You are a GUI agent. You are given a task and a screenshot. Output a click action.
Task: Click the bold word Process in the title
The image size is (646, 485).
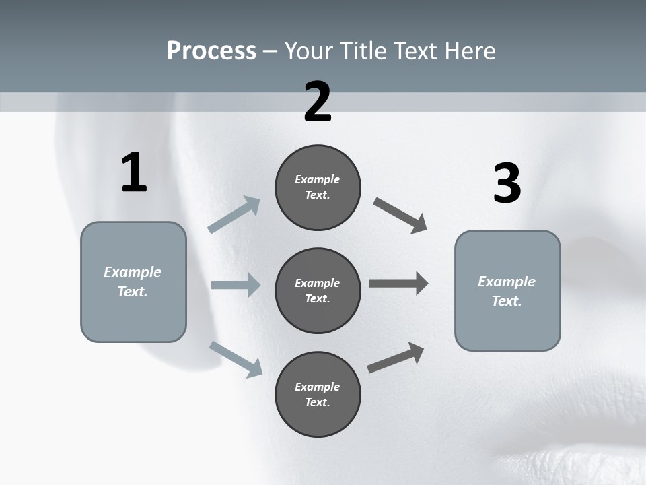(x=211, y=51)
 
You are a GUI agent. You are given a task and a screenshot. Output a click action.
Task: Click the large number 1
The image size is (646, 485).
(x=134, y=173)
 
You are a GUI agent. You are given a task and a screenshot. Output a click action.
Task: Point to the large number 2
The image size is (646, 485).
(x=318, y=102)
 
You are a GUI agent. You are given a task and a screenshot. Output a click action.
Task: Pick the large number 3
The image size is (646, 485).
(x=507, y=185)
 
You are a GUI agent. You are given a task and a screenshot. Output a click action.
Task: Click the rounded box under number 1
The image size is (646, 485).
(x=133, y=282)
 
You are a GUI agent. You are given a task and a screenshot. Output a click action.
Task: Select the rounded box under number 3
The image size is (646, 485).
(x=507, y=291)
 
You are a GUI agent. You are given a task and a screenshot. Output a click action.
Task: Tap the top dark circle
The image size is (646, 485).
(x=318, y=187)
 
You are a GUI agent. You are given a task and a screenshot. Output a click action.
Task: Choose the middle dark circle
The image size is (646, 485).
(x=318, y=290)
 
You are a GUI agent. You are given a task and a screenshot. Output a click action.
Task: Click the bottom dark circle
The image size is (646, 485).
(x=318, y=394)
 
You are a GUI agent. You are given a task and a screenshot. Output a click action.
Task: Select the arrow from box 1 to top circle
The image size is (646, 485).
(x=234, y=215)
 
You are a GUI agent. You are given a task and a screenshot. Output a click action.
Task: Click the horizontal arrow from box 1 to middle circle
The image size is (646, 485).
(x=236, y=285)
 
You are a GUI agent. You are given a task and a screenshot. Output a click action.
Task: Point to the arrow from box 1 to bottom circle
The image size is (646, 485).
(x=236, y=359)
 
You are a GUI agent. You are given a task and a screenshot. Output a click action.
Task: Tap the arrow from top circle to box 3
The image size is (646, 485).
(x=400, y=216)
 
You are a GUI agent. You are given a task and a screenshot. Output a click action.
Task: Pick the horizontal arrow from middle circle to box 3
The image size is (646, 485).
(x=398, y=284)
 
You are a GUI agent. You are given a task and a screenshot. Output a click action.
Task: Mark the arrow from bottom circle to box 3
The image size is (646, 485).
(x=396, y=358)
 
